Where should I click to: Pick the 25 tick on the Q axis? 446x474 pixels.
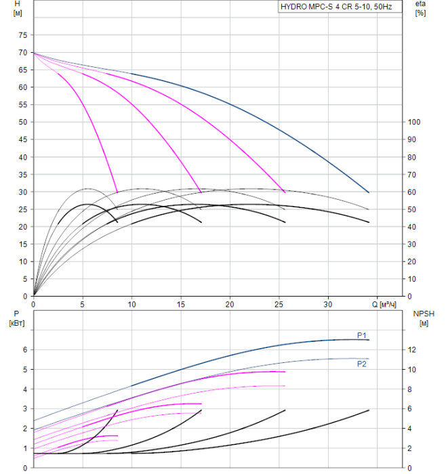tap(279, 304)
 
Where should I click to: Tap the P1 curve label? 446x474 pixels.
tap(362, 335)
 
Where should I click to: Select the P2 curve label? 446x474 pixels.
tap(362, 364)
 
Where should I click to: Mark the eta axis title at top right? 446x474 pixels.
tap(420, 9)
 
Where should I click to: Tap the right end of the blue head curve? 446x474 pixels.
tap(369, 192)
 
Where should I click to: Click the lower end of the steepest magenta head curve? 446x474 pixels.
tap(117, 192)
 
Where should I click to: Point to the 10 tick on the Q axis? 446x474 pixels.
tap(131, 304)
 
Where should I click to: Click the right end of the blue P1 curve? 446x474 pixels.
tap(369, 339)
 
